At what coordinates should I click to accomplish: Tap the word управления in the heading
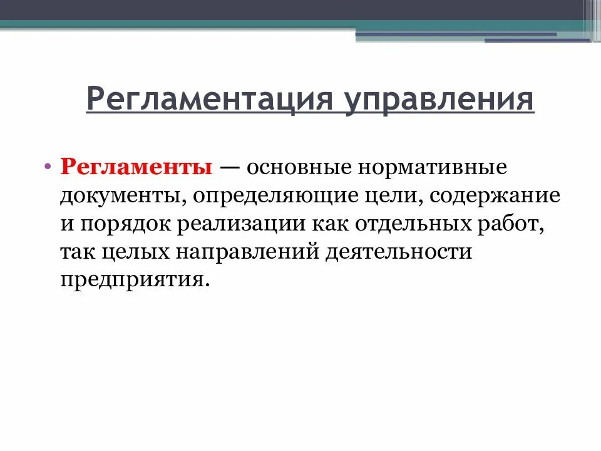pos(438,100)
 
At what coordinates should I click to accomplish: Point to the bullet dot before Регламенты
pos(48,168)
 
